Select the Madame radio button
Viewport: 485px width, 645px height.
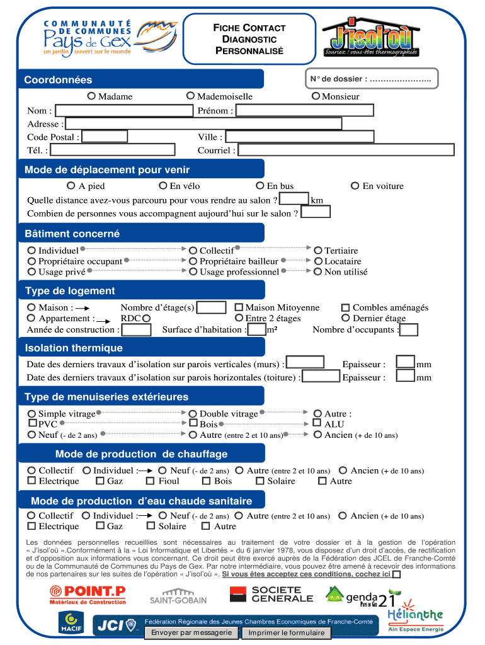(x=92, y=96)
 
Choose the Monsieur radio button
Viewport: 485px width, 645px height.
(x=316, y=96)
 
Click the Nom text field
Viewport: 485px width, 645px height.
(x=123, y=111)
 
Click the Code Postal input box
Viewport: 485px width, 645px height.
(x=105, y=137)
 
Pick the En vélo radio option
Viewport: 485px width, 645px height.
(x=163, y=186)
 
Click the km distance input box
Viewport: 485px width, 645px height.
(x=293, y=200)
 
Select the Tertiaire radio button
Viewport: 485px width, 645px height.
(x=319, y=251)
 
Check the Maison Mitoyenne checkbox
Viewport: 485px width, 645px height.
(x=239, y=307)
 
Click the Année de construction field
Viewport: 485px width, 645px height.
(x=136, y=329)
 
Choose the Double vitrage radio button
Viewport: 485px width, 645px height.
(x=193, y=414)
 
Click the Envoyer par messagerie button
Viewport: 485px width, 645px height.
(x=191, y=632)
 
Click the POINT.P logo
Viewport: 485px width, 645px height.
(x=88, y=594)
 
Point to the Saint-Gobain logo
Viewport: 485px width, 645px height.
(x=178, y=595)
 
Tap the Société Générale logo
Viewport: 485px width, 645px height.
(x=271, y=594)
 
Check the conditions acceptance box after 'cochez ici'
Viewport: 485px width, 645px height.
(x=396, y=574)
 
